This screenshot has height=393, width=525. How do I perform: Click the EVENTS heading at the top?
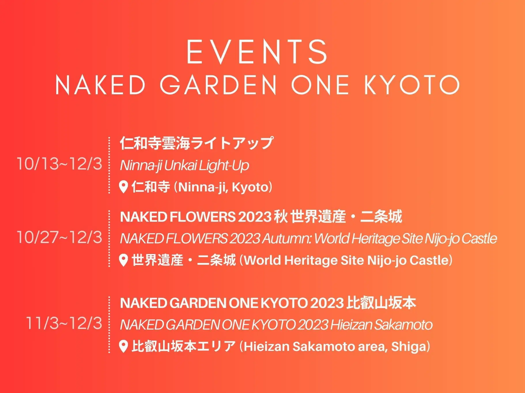pyautogui.click(x=257, y=52)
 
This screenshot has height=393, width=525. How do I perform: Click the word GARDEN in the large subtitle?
pyautogui.click(x=218, y=85)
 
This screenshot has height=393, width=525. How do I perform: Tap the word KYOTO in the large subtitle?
pyautogui.click(x=412, y=85)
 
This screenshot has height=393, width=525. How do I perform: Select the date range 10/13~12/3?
pyautogui.click(x=59, y=164)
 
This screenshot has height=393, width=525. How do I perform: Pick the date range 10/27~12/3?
pyautogui.click(x=59, y=237)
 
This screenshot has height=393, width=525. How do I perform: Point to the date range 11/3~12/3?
pyautogui.click(x=64, y=323)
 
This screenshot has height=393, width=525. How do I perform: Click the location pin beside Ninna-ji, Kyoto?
pyautogui.click(x=123, y=187)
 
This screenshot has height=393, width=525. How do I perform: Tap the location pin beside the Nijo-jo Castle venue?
pyautogui.click(x=123, y=260)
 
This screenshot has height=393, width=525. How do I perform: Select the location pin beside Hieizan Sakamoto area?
pyautogui.click(x=123, y=346)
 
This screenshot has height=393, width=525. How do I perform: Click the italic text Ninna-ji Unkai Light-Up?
pyautogui.click(x=184, y=166)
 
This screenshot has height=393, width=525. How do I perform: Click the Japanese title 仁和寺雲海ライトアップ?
pyautogui.click(x=197, y=143)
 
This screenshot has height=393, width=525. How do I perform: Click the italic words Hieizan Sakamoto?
pyautogui.click(x=381, y=325)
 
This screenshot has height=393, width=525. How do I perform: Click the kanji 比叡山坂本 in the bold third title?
pyautogui.click(x=381, y=303)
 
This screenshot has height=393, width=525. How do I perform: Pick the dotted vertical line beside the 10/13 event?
pyautogui.click(x=109, y=165)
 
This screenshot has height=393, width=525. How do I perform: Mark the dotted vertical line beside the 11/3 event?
pyautogui.click(x=109, y=324)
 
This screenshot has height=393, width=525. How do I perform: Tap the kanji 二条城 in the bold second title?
pyautogui.click(x=381, y=217)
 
